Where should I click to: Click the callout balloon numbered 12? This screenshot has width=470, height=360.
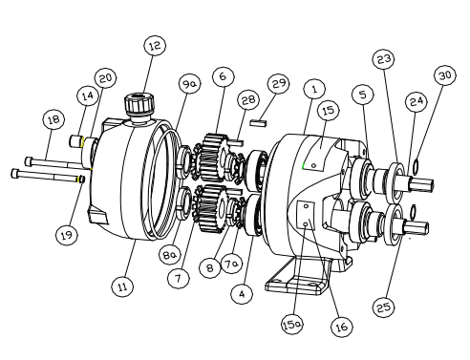coord(155,46)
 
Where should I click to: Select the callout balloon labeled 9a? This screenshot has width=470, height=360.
coord(190,84)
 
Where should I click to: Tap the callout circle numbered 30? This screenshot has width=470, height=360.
coord(445,75)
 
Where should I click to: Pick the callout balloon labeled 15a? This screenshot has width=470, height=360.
coord(292,325)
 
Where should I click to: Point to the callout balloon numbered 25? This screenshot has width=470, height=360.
coord(383,307)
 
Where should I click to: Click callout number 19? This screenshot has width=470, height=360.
coord(67,235)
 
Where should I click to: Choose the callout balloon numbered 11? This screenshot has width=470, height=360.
coord(122,286)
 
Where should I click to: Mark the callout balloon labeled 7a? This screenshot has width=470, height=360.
coord(231,263)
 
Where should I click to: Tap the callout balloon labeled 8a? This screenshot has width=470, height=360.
coord(170,254)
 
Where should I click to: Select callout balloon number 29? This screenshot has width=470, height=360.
coord(279,83)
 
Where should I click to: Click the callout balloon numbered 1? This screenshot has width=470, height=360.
coord(314,89)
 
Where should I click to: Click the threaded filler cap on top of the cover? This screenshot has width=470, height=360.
coord(139,105)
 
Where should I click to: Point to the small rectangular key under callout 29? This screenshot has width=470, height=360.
coord(258,123)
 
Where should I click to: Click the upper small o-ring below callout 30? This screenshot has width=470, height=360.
coord(416,167)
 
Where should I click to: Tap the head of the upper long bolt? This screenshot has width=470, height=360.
coord(29,161)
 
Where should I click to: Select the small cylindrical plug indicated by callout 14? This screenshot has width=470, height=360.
coord(76,140)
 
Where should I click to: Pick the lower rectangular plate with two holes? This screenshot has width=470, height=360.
coord(306,215)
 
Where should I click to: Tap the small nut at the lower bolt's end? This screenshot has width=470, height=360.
coord(81,180)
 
